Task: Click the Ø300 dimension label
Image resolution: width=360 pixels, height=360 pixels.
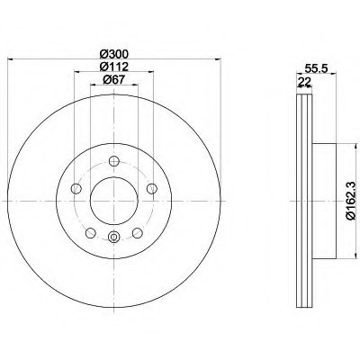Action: pos(114,54)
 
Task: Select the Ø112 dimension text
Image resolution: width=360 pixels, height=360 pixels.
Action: pos(114,67)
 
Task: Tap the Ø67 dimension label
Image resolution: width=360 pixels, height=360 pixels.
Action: pos(114,79)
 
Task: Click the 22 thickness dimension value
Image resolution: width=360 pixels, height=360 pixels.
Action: pos(304,82)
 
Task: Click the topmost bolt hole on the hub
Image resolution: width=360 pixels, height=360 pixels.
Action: pos(114,161)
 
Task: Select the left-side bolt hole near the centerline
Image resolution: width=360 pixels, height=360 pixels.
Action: pos(76,189)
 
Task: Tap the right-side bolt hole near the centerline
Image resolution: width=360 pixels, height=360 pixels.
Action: pos(152,189)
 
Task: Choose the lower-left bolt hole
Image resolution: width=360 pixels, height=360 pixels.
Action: pos(91,233)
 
